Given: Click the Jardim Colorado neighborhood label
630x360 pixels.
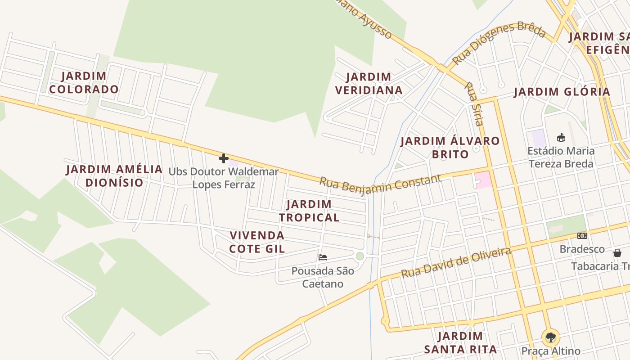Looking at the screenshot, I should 84,83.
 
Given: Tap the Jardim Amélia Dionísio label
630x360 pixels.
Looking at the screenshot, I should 114,176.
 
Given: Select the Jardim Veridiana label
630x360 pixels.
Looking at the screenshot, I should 369,84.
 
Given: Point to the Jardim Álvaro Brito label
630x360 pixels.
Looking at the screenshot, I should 450,148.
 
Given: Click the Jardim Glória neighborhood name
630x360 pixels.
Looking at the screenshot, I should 562,92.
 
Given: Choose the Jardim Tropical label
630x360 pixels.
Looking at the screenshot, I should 309,211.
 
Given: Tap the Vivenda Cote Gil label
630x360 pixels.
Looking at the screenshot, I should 257,242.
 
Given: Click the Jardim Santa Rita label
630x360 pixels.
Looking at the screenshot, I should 460,342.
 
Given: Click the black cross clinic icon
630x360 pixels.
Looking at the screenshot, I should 224,158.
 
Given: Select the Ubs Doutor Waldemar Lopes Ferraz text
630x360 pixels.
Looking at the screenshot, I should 224,178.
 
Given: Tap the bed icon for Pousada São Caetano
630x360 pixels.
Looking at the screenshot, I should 323,257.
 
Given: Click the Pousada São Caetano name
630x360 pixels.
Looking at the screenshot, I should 323,277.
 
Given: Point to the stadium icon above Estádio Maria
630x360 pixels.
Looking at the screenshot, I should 561,138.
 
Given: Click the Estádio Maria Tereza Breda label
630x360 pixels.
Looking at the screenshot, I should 561,157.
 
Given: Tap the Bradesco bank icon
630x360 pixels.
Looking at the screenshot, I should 582,236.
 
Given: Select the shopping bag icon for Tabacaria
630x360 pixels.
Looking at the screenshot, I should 617,253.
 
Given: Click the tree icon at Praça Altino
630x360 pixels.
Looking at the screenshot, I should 550,337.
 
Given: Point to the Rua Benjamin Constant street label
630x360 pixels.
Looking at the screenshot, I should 380,184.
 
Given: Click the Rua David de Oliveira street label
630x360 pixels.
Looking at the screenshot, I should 456,262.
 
